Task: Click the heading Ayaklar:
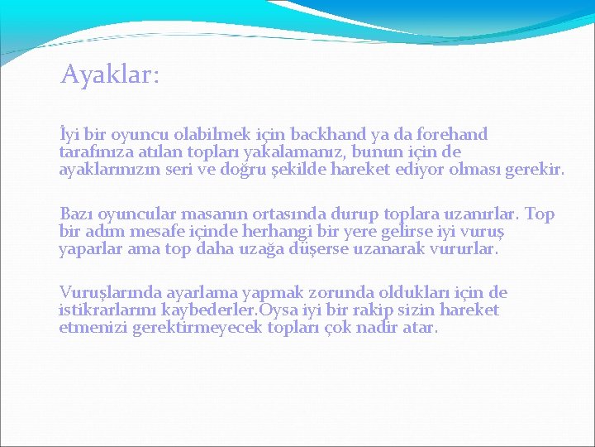(x=110, y=76)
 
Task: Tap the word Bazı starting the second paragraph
(x=78, y=214)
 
